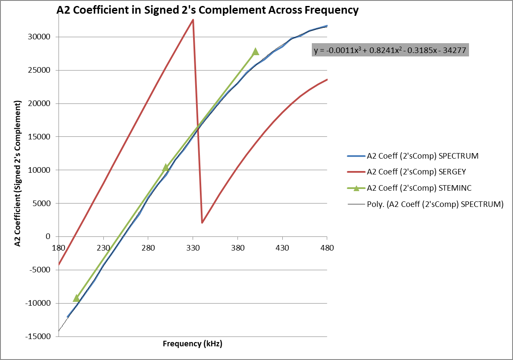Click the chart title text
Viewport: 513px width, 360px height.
[x=208, y=11]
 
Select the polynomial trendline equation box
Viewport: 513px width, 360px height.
[x=391, y=50]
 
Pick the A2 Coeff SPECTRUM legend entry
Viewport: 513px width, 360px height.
[x=422, y=156]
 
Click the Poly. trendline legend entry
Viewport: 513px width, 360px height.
[x=435, y=204]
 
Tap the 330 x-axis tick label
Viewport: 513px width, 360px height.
[x=193, y=248]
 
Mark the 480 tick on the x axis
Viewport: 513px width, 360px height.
[x=327, y=248]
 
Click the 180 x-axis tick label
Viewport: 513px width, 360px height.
[x=59, y=248]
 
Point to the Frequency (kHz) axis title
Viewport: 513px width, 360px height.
[x=193, y=344]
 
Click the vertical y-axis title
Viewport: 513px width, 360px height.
[x=18, y=174]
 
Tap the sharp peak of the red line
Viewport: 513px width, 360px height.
[x=193, y=20]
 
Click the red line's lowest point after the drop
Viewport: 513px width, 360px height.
[x=202, y=222]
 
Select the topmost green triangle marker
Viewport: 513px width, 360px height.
[x=255, y=51]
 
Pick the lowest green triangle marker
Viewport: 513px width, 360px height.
[x=76, y=298]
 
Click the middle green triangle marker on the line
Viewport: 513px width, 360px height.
[x=166, y=167]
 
